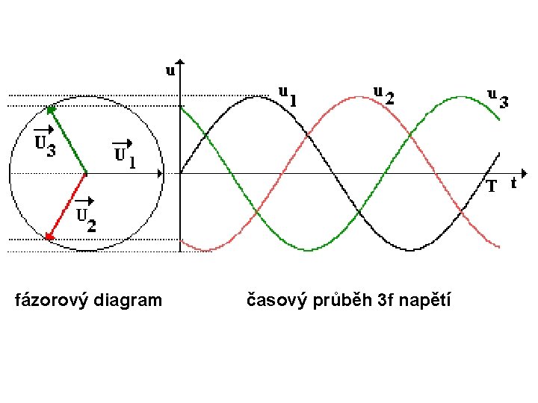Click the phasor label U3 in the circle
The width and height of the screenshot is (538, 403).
(45, 144)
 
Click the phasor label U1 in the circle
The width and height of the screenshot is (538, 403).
(124, 154)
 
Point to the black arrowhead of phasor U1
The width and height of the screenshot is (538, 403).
(159, 174)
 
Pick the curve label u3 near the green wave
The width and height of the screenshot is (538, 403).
(498, 98)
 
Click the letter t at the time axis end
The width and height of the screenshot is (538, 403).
(513, 181)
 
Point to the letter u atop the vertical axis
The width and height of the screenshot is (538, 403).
(170, 71)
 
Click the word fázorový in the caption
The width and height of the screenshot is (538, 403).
(48, 301)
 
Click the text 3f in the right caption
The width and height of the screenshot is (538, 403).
(385, 301)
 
